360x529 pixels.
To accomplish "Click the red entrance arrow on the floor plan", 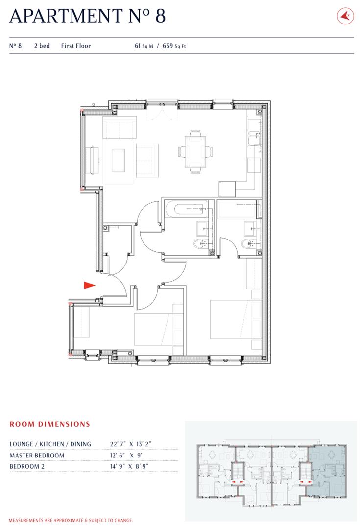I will click(x=88, y=285).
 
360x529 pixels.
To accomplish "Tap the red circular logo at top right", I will click(x=345, y=16).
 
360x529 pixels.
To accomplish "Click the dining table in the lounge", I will click(x=195, y=152).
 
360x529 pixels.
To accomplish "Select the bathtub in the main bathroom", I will click(x=187, y=211).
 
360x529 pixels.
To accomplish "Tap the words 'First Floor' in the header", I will click(x=76, y=46).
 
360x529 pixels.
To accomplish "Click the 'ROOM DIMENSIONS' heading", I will click(x=50, y=424).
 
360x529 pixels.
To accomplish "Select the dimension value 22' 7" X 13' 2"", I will click(x=131, y=444).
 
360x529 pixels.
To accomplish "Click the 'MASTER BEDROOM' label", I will click(x=37, y=456).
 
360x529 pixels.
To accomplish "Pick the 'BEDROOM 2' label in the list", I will click(x=27, y=467).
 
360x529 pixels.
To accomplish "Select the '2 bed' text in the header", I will click(x=42, y=46).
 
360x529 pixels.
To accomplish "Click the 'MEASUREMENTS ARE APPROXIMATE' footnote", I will click(x=71, y=520).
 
